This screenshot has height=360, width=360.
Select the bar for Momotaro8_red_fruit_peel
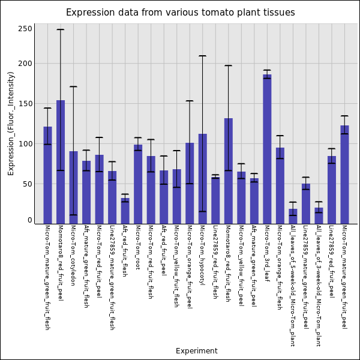tap(61, 162)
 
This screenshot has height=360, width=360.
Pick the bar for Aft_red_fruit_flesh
tap(125, 211)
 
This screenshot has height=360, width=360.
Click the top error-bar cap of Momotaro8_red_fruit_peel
tap(61, 29)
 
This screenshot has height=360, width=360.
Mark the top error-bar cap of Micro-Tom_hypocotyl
tap(202, 56)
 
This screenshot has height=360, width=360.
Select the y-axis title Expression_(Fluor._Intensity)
tap(11, 123)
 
